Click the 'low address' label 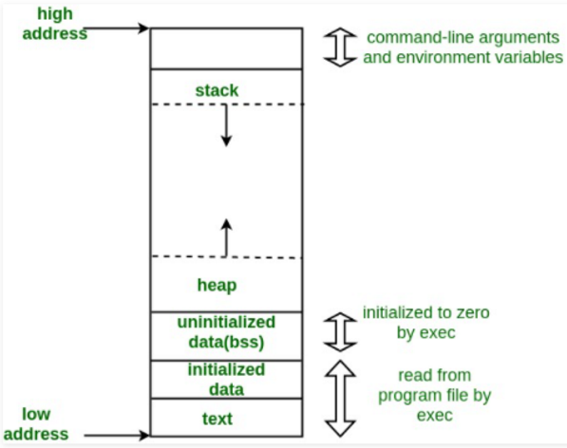[x=42, y=424]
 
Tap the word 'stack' [x=216, y=91]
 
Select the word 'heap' [x=217, y=284]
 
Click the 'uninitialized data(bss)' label [x=226, y=332]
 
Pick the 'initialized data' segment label [x=226, y=380]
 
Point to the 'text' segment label [x=219, y=418]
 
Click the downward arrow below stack [x=226, y=125]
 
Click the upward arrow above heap [x=226, y=237]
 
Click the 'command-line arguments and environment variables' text [x=463, y=47]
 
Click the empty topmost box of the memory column [x=226, y=47]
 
